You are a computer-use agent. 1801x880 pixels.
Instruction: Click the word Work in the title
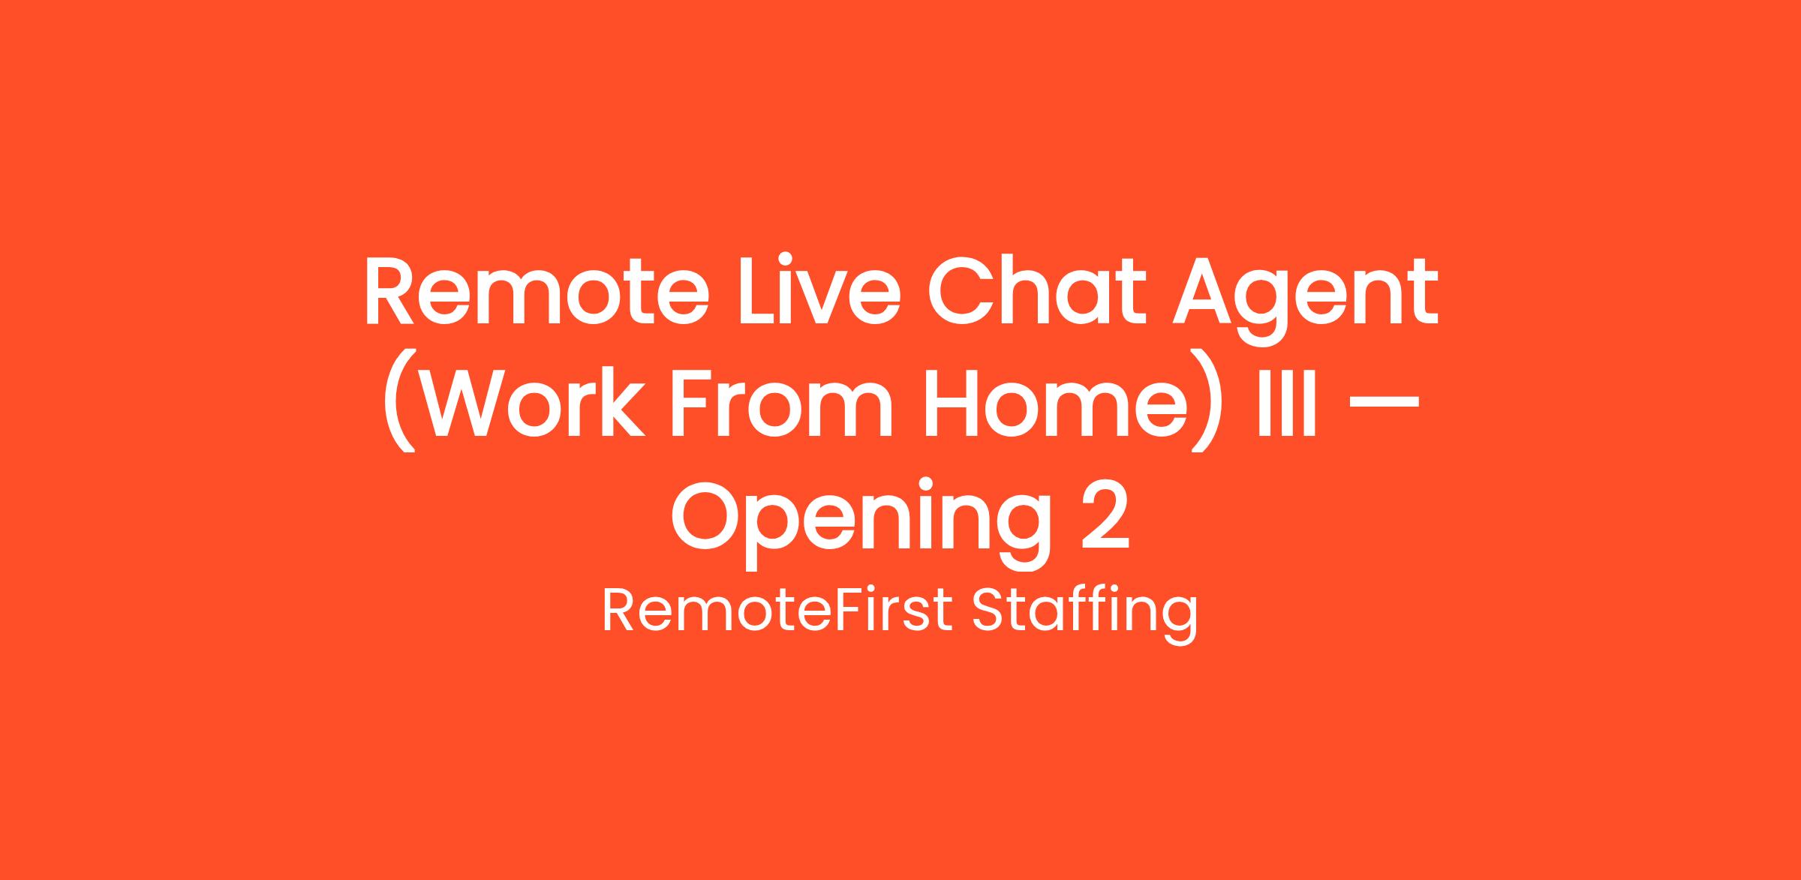529,401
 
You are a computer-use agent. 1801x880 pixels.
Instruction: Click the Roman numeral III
1288,402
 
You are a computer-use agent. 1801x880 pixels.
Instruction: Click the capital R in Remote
389,293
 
